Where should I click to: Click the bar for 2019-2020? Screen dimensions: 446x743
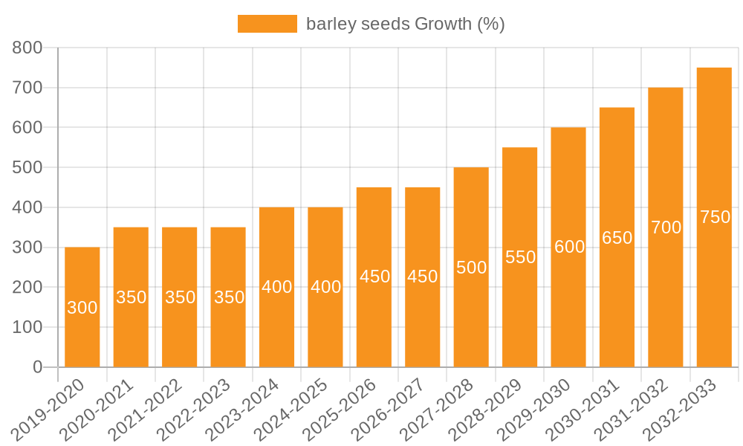point(82,307)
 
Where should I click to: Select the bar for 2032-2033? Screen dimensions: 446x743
point(714,217)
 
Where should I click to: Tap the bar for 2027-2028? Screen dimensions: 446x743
point(471,268)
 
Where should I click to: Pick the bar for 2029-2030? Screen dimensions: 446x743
point(568,248)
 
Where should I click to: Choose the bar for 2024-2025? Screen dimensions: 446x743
point(325,287)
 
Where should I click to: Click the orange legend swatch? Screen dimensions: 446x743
point(267,24)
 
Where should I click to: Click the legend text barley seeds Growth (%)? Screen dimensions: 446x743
point(405,24)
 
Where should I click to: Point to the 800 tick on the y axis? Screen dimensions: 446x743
point(28,48)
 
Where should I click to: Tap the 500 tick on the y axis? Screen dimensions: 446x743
point(28,168)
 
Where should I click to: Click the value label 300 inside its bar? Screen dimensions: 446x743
point(82,308)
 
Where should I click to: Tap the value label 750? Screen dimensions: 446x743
point(716,218)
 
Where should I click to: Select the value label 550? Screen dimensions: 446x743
point(521,257)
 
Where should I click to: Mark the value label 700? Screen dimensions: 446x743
point(666,227)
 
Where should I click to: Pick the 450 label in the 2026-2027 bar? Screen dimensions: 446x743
point(422,277)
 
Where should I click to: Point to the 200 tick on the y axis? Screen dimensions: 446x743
point(28,288)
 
